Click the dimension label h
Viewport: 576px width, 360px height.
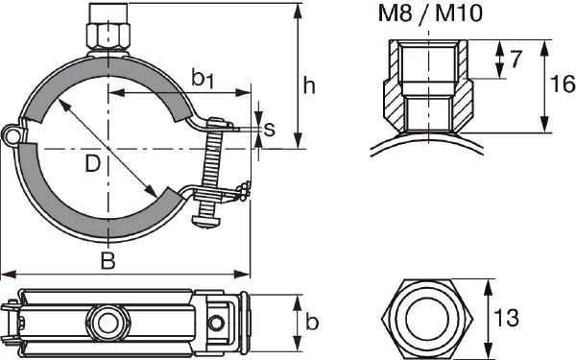coord(309,85)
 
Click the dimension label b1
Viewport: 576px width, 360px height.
coord(203,79)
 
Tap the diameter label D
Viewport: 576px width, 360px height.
coord(92,164)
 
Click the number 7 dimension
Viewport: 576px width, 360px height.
coord(517,60)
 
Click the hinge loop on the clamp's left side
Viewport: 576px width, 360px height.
coord(11,136)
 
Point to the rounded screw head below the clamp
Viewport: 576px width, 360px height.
coord(207,222)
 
